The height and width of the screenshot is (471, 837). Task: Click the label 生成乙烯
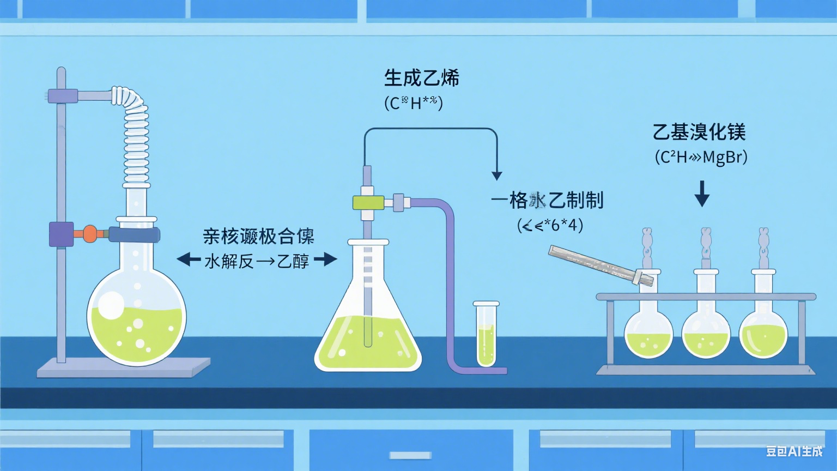(x=421, y=78)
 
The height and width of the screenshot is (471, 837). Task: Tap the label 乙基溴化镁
(x=699, y=132)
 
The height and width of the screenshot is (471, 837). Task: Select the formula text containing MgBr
(x=701, y=158)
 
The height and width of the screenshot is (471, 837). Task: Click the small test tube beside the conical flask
(x=486, y=335)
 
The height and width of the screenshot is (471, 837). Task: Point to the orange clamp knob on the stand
(x=90, y=234)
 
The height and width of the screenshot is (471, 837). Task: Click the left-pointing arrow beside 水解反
(x=189, y=259)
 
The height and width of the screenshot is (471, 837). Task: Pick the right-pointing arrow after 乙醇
(x=326, y=259)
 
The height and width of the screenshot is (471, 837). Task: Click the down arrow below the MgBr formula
(x=702, y=194)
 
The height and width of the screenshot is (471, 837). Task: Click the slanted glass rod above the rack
(x=599, y=264)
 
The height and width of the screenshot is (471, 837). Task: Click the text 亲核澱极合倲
(x=258, y=237)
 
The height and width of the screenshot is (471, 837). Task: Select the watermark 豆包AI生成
(x=794, y=451)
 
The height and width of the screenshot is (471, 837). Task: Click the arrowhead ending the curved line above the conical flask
(x=496, y=175)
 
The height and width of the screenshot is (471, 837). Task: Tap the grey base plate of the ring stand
(x=123, y=368)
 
